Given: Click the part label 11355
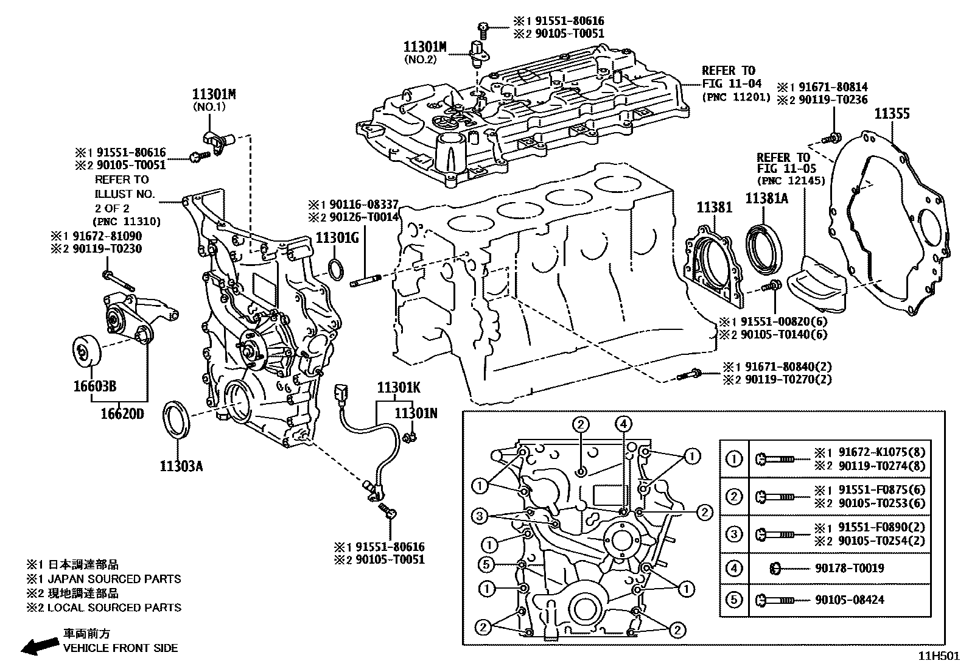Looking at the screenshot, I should coord(892,114).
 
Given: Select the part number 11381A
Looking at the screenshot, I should coord(766,198).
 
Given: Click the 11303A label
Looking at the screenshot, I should coord(181,466).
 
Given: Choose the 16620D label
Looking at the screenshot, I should coord(122,415).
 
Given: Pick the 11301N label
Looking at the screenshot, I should coord(416,413).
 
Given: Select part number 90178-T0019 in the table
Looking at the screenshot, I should coord(849,569).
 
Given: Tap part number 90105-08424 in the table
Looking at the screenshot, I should coord(849,600).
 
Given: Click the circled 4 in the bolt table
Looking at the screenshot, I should coord(735,569).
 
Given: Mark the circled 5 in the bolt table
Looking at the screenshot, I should coord(735,600).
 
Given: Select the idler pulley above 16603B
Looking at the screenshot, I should coord(85,351).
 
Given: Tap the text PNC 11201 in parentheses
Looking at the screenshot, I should coord(736,97).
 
